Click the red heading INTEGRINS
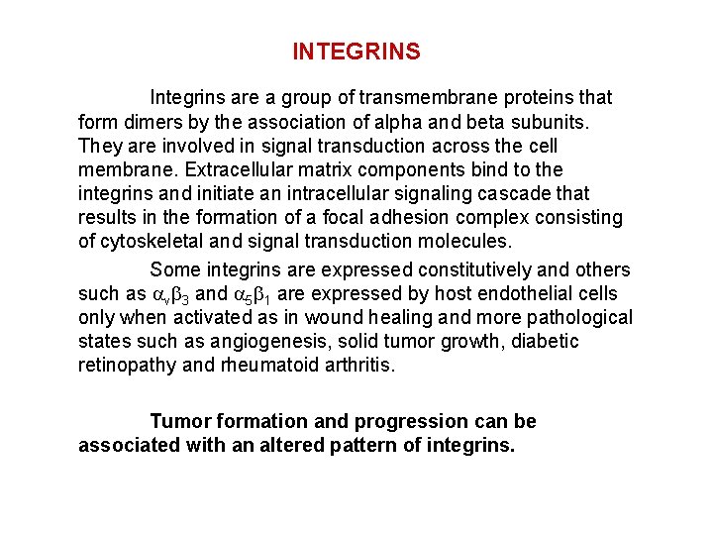[356, 52]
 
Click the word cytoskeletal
[152, 241]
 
